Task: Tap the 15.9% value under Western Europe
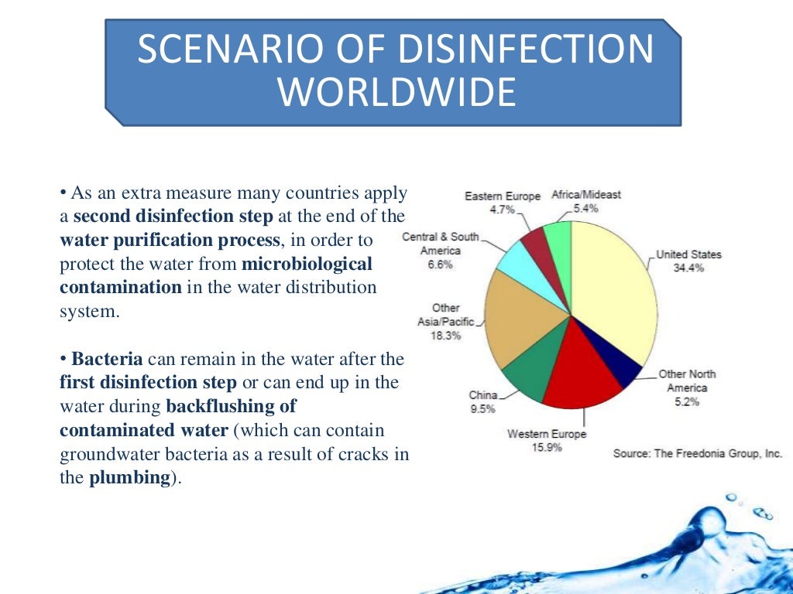tap(546, 448)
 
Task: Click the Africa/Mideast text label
tap(586, 195)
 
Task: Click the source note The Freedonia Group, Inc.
tap(697, 453)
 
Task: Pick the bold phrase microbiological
tap(307, 264)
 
